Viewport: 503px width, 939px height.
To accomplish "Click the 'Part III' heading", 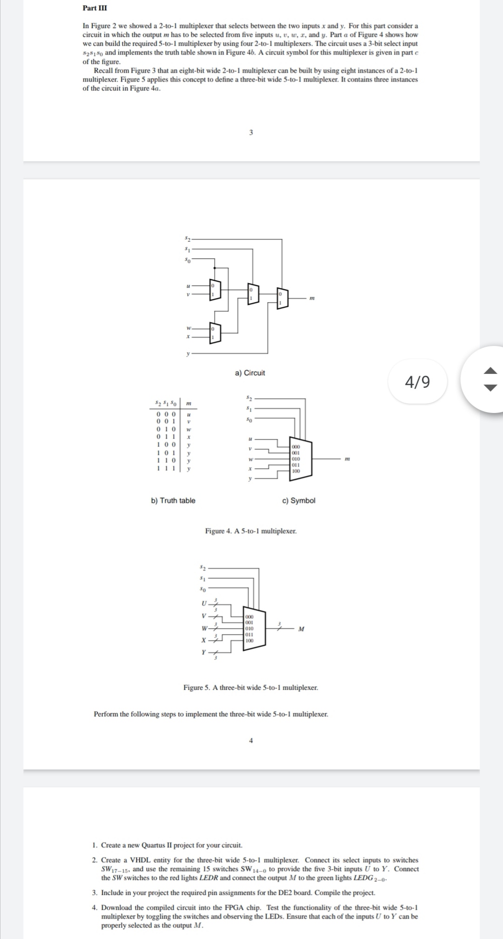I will pos(91,8).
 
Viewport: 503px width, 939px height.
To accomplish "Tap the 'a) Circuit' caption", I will pos(250,373).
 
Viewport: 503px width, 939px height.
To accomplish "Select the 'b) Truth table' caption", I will pos(173,500).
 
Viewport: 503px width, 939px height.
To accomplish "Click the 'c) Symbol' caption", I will pos(299,500).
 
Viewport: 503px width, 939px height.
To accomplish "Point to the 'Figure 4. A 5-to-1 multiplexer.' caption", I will pos(251,531).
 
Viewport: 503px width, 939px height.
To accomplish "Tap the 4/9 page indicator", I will pos(417,382).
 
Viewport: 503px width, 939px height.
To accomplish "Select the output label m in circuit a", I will pos(310,298).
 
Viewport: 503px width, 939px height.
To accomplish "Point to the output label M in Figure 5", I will pos(301,629).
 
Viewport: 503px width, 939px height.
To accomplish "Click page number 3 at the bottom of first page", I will pos(251,133).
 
